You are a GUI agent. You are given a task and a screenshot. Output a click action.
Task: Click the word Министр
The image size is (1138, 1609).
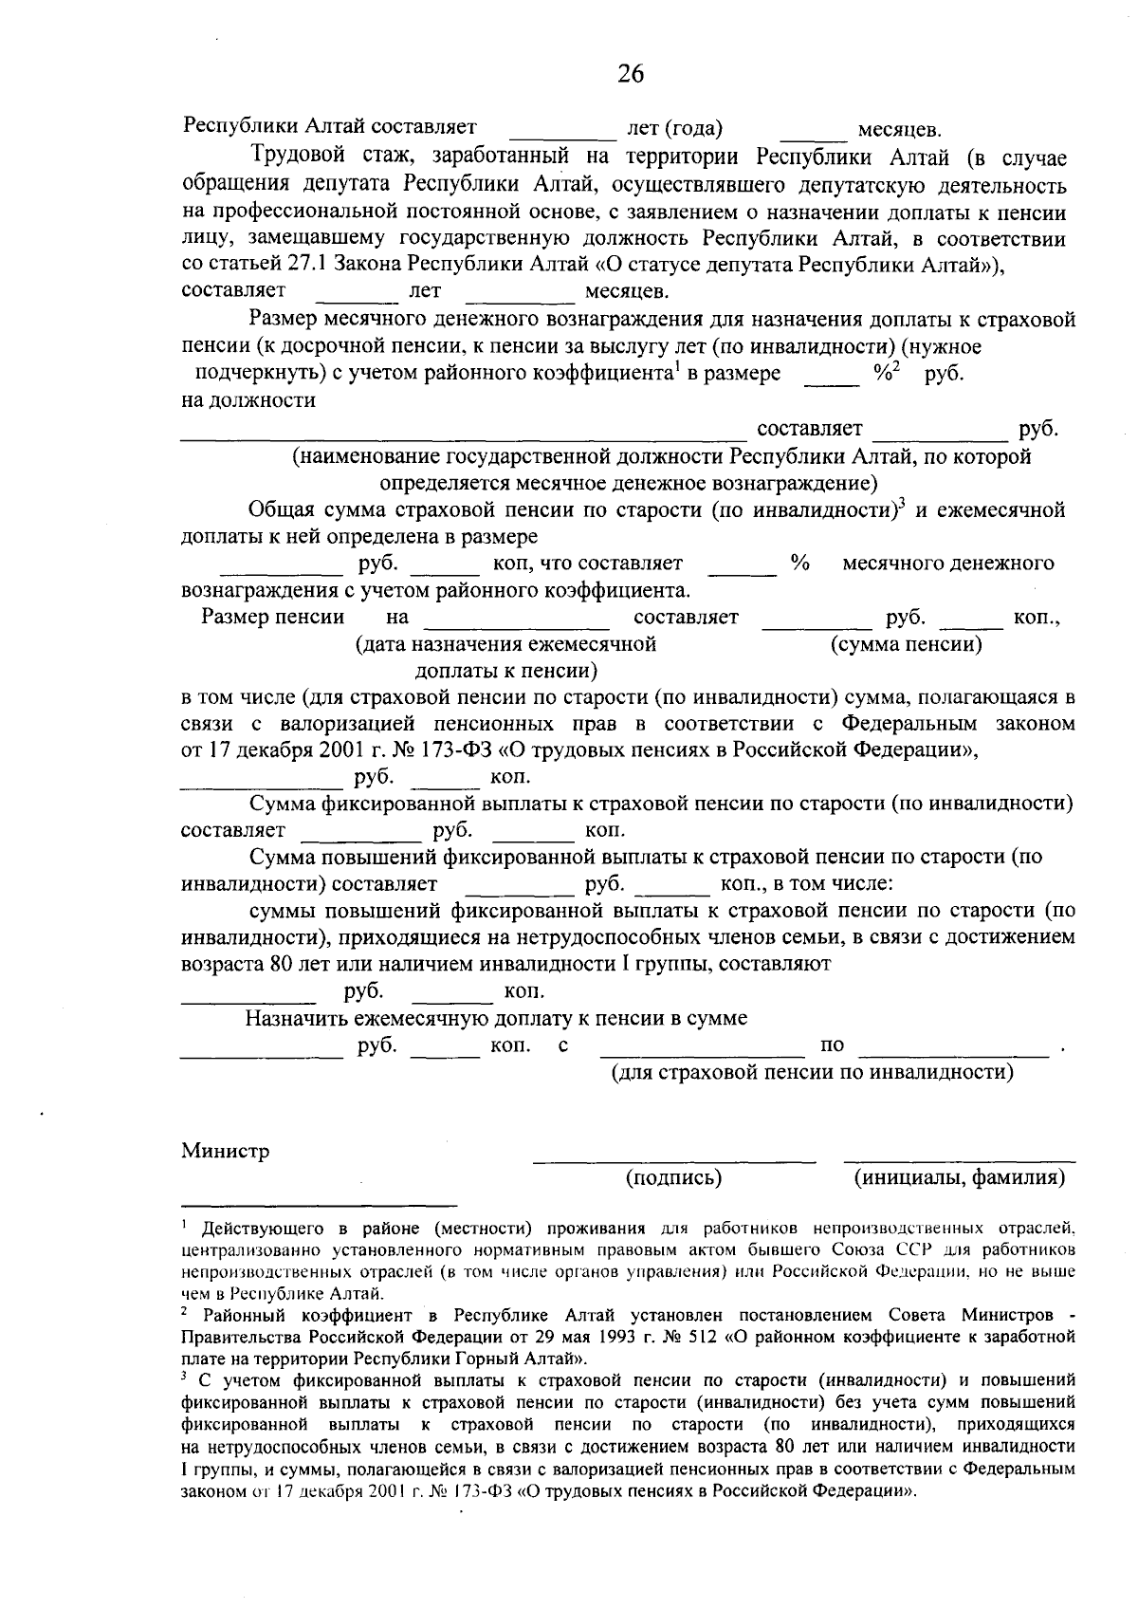[x=226, y=1151]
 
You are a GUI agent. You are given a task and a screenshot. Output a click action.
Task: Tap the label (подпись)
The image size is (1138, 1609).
[x=673, y=1178]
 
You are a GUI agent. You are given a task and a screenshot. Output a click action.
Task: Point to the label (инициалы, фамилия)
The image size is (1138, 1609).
[x=959, y=1178]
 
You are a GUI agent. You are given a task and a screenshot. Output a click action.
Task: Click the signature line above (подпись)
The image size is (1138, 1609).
[x=673, y=1160]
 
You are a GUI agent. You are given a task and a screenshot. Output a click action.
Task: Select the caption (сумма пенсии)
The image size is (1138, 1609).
[x=906, y=645]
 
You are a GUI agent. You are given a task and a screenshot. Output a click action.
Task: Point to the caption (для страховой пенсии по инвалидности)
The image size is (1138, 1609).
[x=812, y=1072]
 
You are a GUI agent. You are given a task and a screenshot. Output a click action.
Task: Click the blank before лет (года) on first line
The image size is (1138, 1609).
[x=563, y=135]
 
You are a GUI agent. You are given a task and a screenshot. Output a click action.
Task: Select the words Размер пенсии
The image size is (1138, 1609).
[x=273, y=618]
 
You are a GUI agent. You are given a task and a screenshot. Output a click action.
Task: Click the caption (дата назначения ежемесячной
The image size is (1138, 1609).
[x=505, y=645]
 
